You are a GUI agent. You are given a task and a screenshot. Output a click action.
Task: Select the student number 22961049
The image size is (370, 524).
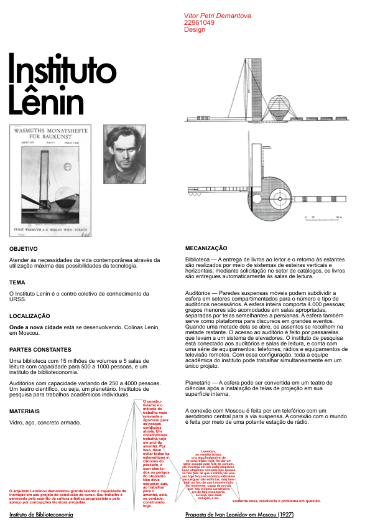tap(199, 22)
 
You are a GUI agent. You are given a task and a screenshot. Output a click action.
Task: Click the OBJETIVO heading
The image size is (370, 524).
tap(24, 248)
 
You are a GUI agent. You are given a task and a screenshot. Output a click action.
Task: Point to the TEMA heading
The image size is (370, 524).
tap(17, 283)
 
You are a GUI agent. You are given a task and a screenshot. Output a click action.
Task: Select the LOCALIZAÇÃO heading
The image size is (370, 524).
tap(29, 316)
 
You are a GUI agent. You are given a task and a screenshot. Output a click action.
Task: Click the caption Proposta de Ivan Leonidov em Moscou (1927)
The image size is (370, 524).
tap(239, 515)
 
